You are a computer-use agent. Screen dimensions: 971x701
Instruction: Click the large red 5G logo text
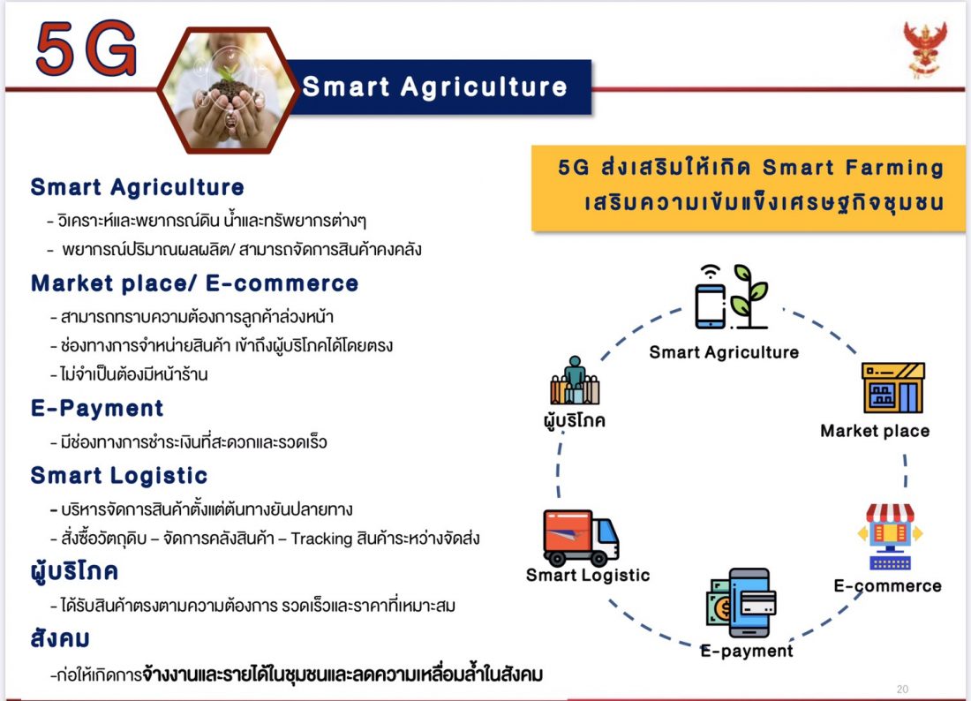(x=87, y=49)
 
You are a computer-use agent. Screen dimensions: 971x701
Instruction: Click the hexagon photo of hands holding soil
(x=228, y=90)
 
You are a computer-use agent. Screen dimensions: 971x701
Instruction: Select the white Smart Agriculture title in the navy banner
(x=434, y=87)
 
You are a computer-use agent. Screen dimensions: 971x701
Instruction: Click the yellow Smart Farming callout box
(x=748, y=188)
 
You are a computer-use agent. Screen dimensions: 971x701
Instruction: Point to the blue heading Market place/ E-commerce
(x=194, y=283)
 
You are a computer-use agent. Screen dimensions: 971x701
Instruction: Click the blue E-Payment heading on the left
(x=97, y=408)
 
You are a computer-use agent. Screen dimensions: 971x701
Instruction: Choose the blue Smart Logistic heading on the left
(x=119, y=475)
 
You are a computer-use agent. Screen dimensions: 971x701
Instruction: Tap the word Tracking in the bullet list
(x=321, y=539)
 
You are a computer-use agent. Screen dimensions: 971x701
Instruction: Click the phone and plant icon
(x=731, y=297)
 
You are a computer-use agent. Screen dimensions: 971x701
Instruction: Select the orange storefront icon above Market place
(x=893, y=388)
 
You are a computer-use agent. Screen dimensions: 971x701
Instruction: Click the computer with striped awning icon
(x=890, y=536)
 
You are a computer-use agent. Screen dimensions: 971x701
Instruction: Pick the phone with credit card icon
(x=741, y=603)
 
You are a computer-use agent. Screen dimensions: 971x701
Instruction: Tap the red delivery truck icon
(x=581, y=538)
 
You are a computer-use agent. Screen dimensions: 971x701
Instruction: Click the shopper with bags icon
(x=575, y=380)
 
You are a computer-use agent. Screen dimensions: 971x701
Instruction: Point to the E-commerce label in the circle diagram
(x=887, y=586)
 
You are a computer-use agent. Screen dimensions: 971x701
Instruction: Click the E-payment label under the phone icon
(x=747, y=651)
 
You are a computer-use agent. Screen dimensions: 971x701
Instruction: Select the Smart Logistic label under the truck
(x=588, y=576)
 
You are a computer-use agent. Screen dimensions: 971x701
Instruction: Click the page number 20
(x=902, y=689)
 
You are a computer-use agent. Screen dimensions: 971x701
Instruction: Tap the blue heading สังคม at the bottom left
(x=60, y=637)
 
